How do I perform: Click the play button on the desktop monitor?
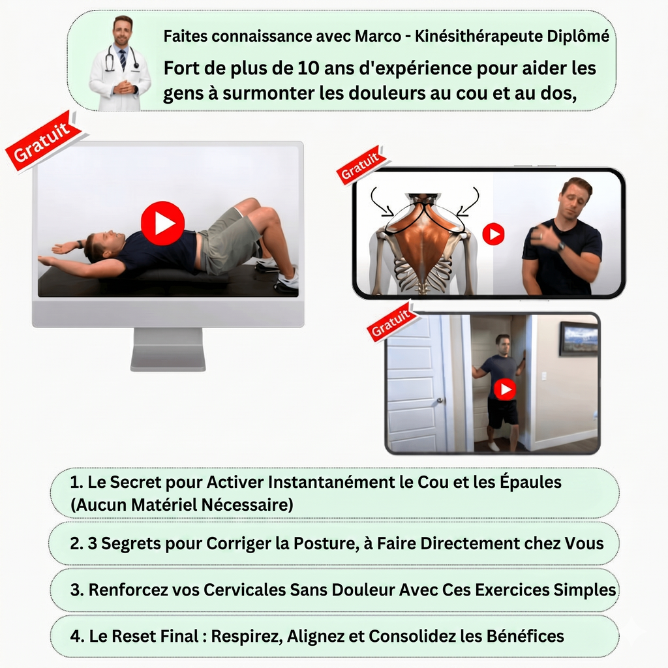coord(162,223)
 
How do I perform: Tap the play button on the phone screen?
coord(493,234)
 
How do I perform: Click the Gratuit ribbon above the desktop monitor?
coord(42,140)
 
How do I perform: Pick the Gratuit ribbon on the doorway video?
coord(391,322)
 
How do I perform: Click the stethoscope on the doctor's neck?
coord(122,57)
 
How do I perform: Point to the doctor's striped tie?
coord(123,60)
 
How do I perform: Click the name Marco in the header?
coord(378,37)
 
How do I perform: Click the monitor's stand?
coord(168,350)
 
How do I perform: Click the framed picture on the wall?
coord(579,339)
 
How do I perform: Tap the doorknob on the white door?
coord(440,401)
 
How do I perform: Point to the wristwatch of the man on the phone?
coord(561,247)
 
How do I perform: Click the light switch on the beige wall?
coord(543,376)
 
